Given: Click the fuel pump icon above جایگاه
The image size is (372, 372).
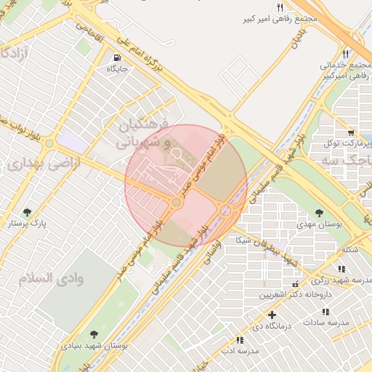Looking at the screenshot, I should pos(117,57).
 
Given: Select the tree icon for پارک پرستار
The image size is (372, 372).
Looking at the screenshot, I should pos(28,212).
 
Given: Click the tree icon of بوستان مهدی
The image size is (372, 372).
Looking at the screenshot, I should pos(319,213).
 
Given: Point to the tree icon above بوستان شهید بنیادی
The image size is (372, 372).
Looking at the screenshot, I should pos(94,333).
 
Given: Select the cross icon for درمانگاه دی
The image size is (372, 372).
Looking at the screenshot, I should pos(272,315).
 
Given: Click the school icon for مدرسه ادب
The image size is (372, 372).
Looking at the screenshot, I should pos(240,339).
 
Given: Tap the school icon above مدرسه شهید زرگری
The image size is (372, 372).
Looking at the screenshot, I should pos(341,270).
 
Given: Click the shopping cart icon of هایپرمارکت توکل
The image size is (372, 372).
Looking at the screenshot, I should pos(351,132).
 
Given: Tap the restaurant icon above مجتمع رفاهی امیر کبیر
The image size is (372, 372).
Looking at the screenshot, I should pos(280,8).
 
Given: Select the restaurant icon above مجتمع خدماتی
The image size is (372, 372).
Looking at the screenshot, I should pos(345,54).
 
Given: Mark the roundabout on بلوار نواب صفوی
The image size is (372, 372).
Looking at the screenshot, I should pos(49,143).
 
